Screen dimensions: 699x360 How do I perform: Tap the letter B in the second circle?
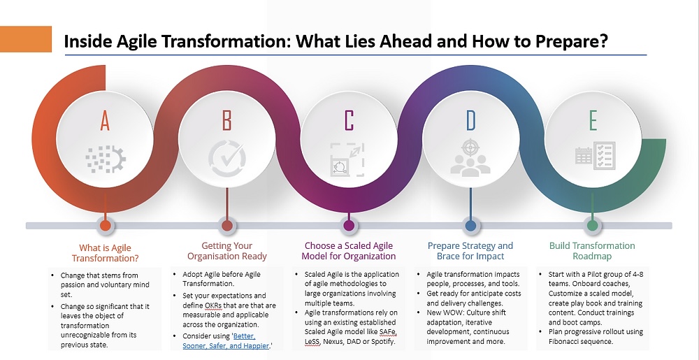[x=227, y=120]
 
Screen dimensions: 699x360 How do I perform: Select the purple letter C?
[x=349, y=120]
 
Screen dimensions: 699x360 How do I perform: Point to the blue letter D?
[x=470, y=120]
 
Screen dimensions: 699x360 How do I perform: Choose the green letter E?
[x=593, y=120]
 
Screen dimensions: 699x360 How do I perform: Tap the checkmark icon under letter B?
[x=227, y=159]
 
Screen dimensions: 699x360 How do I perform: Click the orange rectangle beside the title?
[x=26, y=39]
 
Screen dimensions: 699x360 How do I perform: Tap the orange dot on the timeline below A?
[x=106, y=226]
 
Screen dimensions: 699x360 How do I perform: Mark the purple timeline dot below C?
[x=349, y=226]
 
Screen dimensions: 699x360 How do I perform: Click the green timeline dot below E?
[x=593, y=226]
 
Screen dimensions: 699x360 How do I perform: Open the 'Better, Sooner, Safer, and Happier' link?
[x=226, y=341]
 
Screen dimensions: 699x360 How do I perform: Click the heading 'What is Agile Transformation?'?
[x=106, y=253]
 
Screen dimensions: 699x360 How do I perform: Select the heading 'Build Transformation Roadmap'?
[x=592, y=251]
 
